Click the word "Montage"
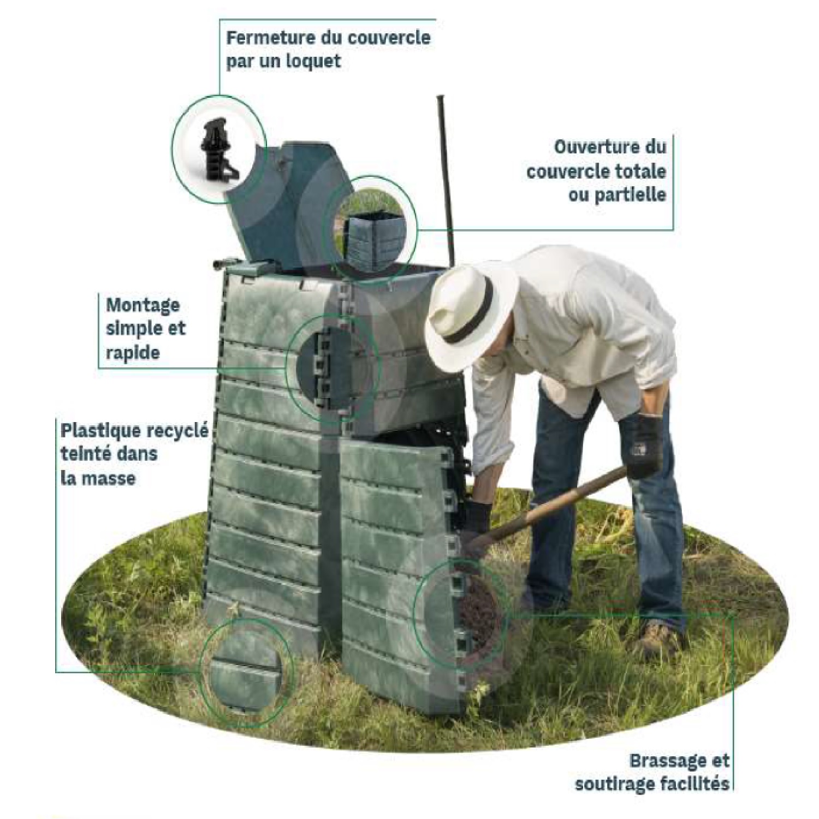(x=143, y=305)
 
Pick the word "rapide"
(x=133, y=352)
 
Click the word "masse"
(x=108, y=478)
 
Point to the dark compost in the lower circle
(x=476, y=606)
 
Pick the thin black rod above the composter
(x=445, y=177)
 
